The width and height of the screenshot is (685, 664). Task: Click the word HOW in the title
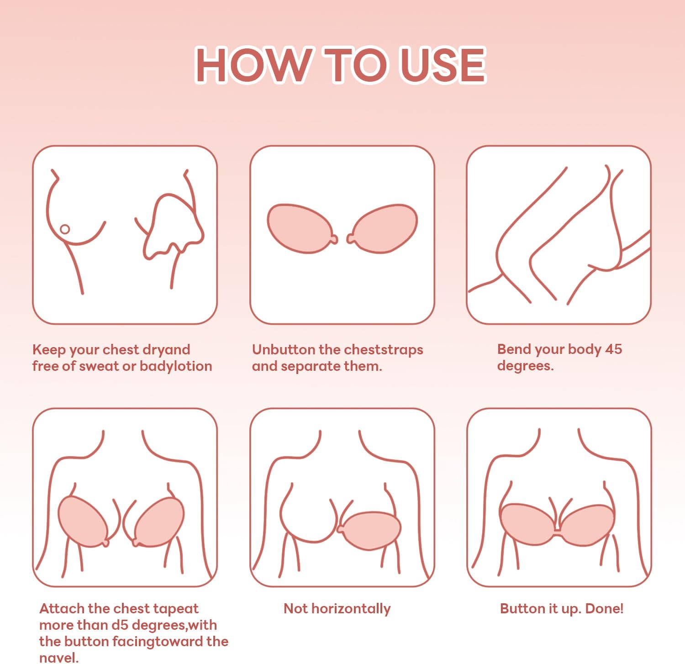pyautogui.click(x=253, y=65)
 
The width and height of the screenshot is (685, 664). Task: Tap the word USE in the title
pyautogui.click(x=442, y=65)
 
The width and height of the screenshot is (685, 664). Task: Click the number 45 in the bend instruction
pyautogui.click(x=613, y=349)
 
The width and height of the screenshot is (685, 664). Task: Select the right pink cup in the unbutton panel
pyautogui.click(x=384, y=228)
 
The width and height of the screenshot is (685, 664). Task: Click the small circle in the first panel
pyautogui.click(x=65, y=229)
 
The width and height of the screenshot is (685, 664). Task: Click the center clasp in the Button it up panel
pyautogui.click(x=558, y=530)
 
